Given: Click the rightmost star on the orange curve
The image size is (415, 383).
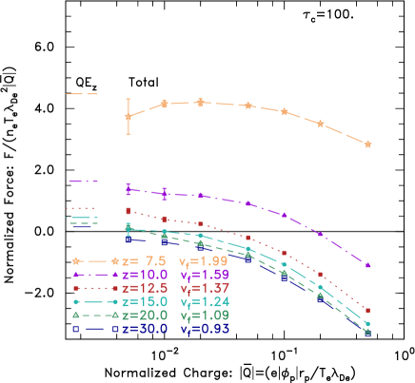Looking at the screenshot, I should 367,144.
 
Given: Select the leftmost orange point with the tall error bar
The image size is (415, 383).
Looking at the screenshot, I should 128,117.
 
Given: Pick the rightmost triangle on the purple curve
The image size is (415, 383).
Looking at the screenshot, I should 367,265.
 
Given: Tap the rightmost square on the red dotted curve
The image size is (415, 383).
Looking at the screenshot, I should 367,311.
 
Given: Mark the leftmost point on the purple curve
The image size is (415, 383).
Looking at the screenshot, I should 128,188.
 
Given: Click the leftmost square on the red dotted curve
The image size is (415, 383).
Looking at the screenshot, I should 128,211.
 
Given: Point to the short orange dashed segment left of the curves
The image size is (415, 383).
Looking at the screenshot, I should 82,94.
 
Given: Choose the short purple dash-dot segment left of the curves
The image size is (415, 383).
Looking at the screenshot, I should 84,181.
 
